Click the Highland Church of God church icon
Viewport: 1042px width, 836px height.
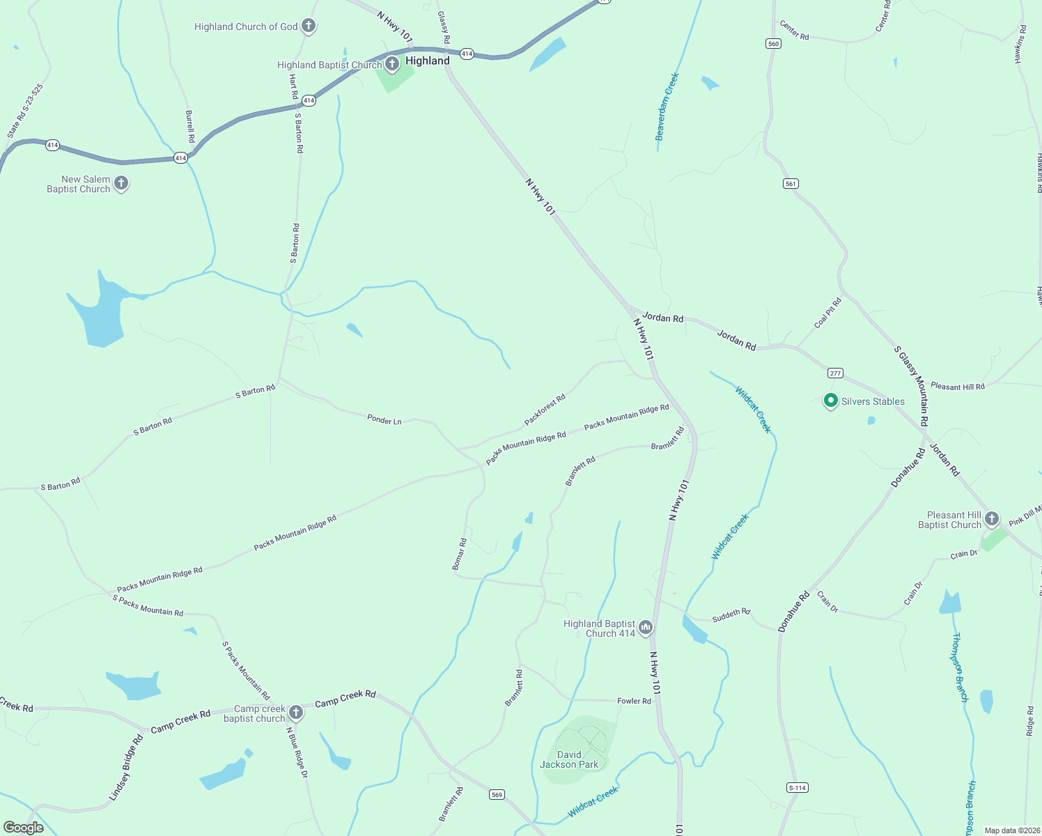point(309,26)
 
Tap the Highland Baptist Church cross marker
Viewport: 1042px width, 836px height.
point(392,65)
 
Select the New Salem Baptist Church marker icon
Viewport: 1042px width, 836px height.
point(121,183)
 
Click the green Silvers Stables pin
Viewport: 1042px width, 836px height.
point(830,401)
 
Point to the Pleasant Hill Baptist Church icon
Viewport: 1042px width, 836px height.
point(992,519)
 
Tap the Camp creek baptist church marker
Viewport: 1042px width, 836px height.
point(296,712)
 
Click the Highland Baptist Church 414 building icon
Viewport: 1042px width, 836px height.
point(645,628)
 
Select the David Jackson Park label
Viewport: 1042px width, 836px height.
point(569,759)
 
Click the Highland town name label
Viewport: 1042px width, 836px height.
point(428,61)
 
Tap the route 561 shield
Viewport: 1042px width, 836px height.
point(791,184)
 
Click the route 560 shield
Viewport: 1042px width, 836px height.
point(772,44)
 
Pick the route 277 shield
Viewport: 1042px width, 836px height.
point(836,373)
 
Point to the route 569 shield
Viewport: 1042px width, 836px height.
point(497,795)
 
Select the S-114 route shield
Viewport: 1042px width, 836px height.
point(798,788)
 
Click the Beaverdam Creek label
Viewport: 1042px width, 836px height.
point(667,107)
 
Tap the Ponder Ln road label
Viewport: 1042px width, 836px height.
point(384,420)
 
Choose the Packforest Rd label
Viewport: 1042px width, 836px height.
point(545,410)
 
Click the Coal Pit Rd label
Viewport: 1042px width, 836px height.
point(828,313)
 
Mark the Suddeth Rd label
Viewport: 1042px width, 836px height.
point(731,615)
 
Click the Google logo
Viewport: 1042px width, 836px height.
point(24,828)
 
